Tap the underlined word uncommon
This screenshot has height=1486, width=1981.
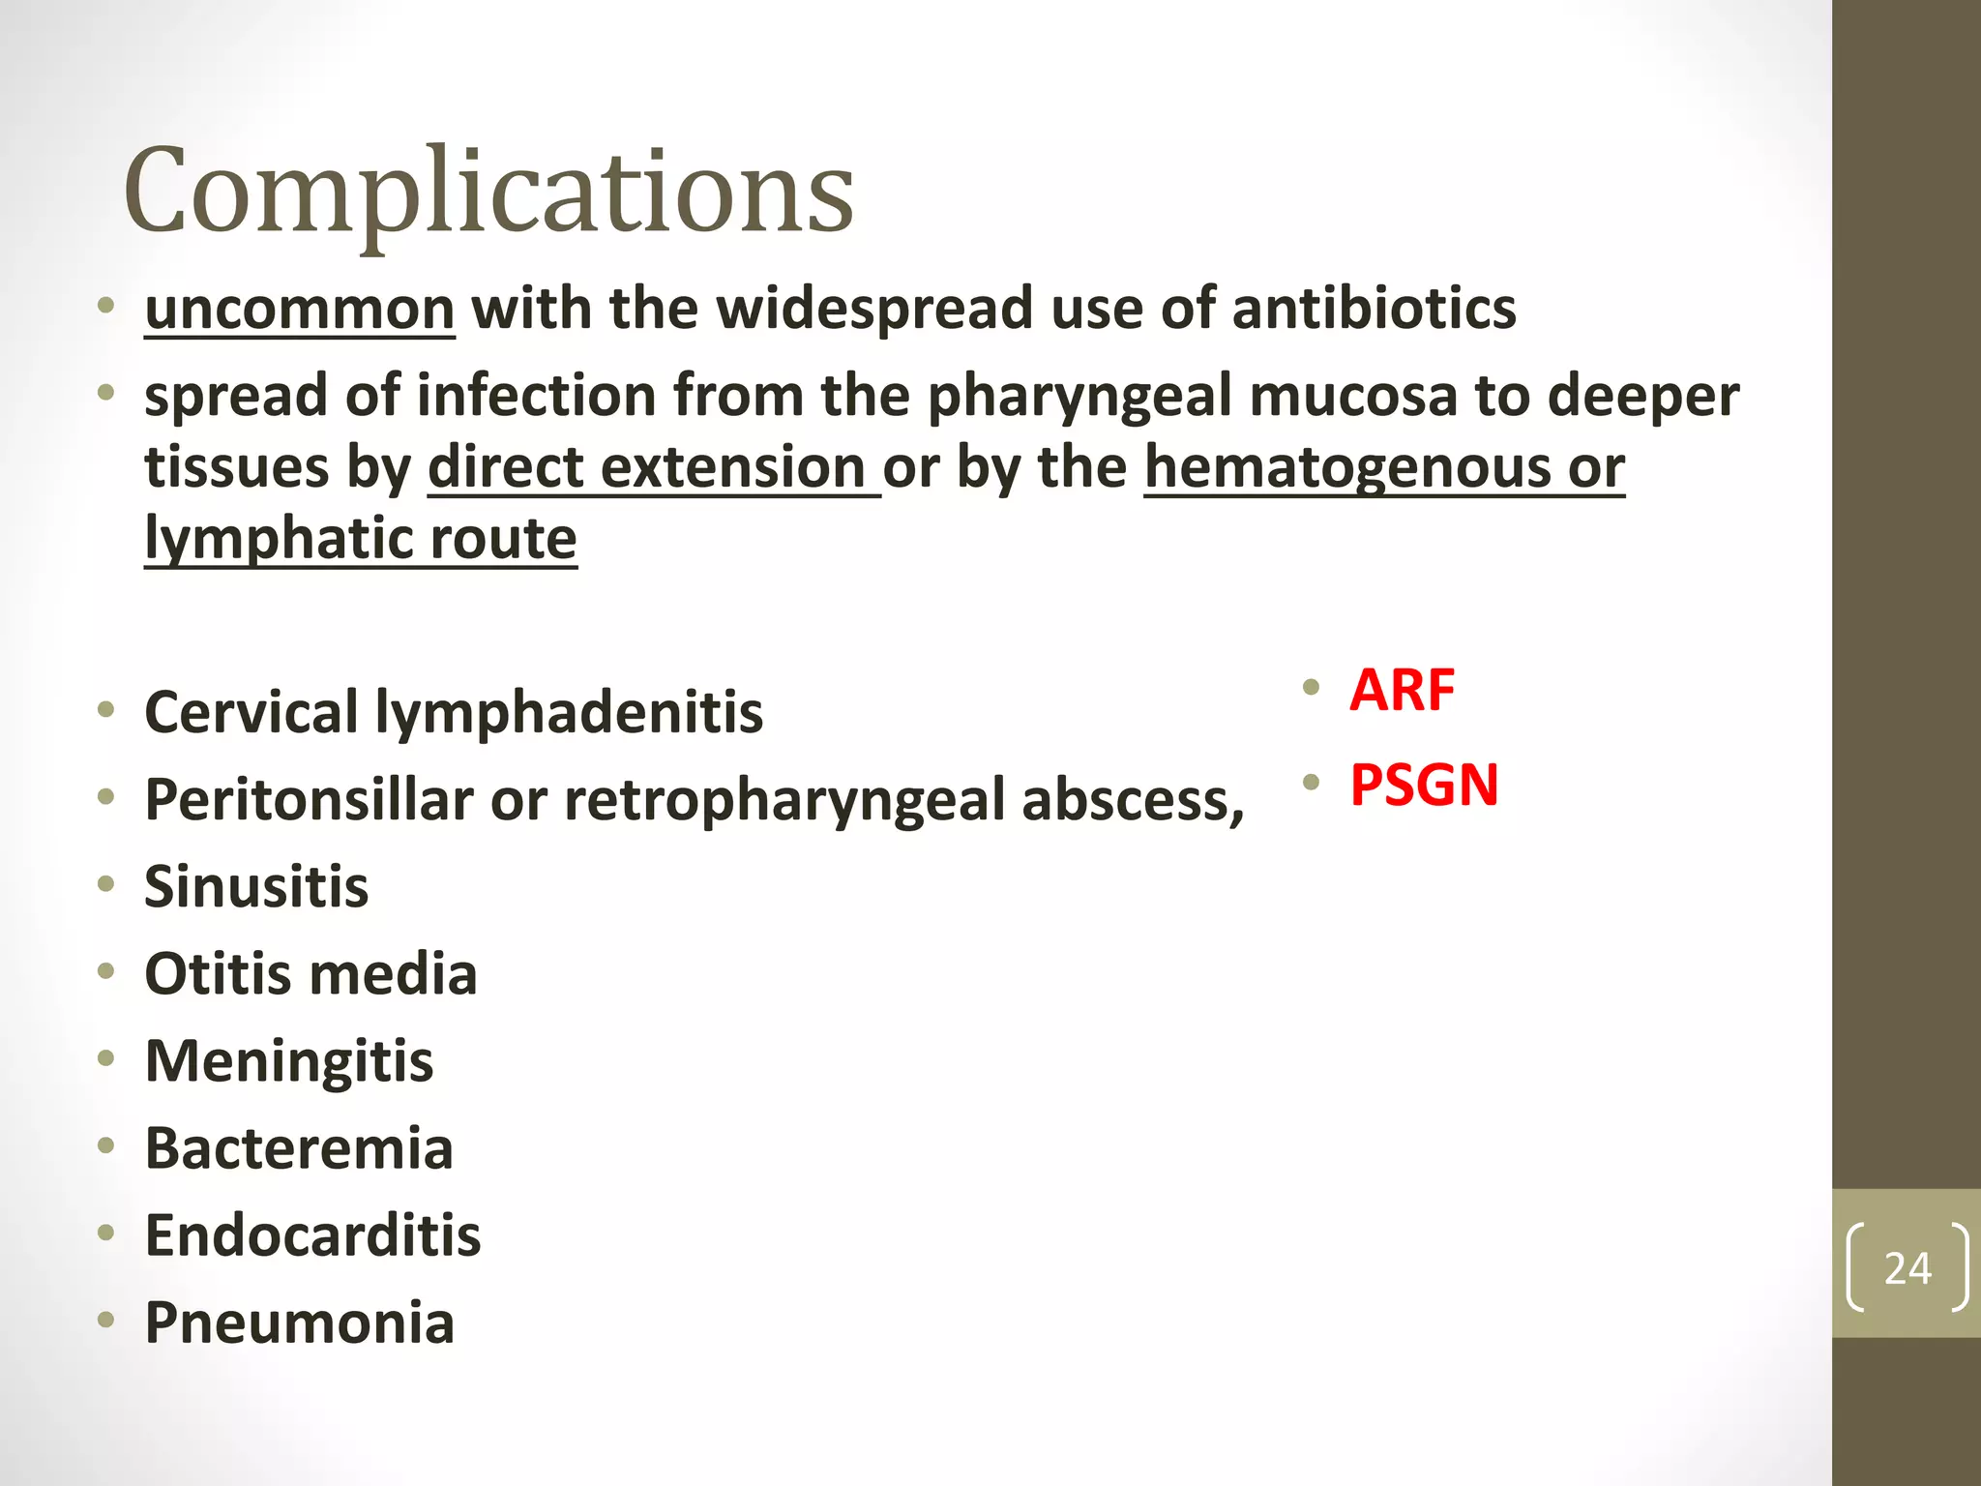299,310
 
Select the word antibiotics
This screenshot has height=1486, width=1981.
1374,310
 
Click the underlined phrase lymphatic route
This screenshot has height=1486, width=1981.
360,539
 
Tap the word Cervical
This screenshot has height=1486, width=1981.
251,713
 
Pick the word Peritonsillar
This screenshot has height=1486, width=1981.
309,801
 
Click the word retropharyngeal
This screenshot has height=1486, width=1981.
784,801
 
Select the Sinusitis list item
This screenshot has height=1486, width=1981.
256,887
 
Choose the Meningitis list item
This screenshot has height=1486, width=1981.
288,1061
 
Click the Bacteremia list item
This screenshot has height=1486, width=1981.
298,1148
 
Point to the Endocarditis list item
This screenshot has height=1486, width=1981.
311,1235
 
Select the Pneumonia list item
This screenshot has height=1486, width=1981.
299,1323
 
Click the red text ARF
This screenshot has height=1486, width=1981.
1402,691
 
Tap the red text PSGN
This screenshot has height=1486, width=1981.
1424,785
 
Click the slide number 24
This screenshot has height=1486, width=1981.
1907,1268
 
